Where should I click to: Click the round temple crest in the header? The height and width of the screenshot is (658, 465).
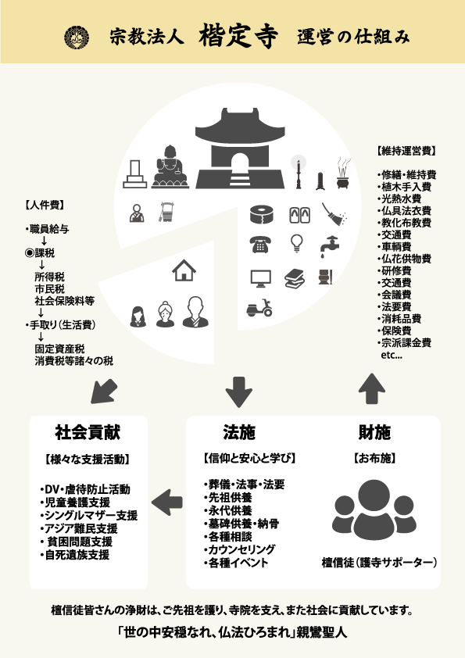point(77,38)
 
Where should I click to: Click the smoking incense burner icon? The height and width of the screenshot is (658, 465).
point(344,173)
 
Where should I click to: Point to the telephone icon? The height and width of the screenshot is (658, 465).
point(259,245)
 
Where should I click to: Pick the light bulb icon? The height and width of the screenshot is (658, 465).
point(297,243)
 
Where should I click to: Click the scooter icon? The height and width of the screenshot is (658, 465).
point(259,308)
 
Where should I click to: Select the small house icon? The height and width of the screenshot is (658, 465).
point(184,270)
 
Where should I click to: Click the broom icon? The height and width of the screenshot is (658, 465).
point(334,214)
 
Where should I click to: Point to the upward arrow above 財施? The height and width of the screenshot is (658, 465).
point(372,388)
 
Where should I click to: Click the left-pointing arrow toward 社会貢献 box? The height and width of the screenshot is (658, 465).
point(167,502)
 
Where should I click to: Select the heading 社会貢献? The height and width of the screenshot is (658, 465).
point(88,432)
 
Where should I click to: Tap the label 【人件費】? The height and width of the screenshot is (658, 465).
point(45,206)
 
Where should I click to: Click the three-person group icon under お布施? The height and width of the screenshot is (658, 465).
point(374,510)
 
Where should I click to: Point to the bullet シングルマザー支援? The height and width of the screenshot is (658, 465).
point(89,515)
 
